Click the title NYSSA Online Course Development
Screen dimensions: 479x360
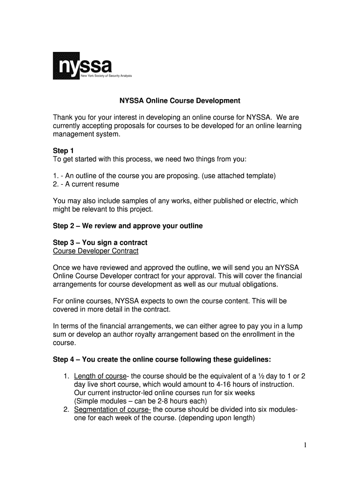179,101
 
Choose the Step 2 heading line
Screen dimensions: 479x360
128,226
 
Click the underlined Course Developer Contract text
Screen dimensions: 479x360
96,251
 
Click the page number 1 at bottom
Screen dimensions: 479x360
304,445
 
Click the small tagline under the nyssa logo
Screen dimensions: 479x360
107,75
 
